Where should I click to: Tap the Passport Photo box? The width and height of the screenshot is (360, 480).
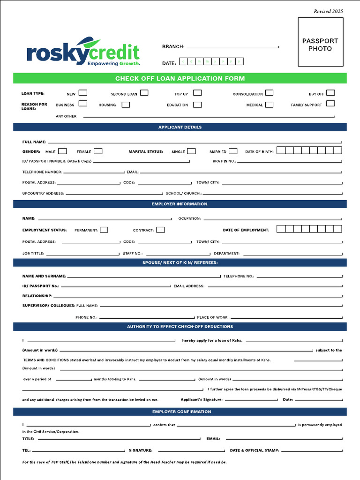click(320, 45)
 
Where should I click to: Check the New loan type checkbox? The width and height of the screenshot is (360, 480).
click(83, 93)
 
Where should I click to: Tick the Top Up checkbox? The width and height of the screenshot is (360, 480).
click(197, 93)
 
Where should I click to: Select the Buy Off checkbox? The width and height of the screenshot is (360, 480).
click(330, 93)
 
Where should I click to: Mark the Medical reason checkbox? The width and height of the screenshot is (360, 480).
click(269, 105)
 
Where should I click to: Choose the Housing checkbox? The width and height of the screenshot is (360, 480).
click(126, 105)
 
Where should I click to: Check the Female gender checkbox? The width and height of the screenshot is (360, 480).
click(98, 151)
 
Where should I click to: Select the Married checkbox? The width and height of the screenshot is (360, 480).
click(233, 151)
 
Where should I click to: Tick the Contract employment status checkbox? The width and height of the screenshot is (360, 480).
click(160, 230)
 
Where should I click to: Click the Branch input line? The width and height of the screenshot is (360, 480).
click(232, 47)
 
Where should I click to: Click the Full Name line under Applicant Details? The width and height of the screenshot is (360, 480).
click(195, 142)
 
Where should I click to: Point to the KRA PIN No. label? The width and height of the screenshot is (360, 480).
click(224, 161)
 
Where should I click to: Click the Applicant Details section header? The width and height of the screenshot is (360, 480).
click(180, 127)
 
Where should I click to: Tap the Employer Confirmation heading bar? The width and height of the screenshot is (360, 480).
click(180, 412)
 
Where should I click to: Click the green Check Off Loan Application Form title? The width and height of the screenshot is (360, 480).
click(180, 78)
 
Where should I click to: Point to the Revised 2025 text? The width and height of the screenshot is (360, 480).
click(328, 11)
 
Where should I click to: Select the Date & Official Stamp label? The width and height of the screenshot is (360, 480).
click(255, 450)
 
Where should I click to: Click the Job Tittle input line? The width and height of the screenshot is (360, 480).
click(82, 254)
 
